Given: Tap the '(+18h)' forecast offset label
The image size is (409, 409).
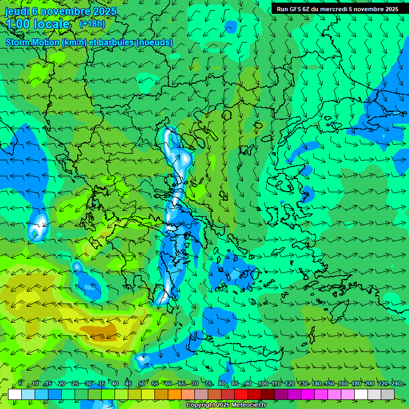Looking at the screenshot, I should [92, 23].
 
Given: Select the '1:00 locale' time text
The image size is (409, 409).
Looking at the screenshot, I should [38, 24].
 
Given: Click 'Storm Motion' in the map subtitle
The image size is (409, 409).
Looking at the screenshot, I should [32, 43].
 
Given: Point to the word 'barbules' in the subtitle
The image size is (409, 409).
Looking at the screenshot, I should [118, 43].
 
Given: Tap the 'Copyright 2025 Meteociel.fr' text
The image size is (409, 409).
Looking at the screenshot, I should [226, 405].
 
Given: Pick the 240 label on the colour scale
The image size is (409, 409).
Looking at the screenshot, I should [396, 384].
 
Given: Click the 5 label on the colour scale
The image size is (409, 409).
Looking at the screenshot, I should [20, 384].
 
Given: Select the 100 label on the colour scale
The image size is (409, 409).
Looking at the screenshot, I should [263, 384].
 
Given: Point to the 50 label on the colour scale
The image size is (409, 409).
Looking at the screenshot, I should [142, 384].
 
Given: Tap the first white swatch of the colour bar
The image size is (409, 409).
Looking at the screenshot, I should [15, 394].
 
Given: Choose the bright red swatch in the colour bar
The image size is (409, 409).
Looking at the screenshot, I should [241, 394].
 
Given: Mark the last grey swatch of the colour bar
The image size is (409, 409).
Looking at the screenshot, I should [388, 394].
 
